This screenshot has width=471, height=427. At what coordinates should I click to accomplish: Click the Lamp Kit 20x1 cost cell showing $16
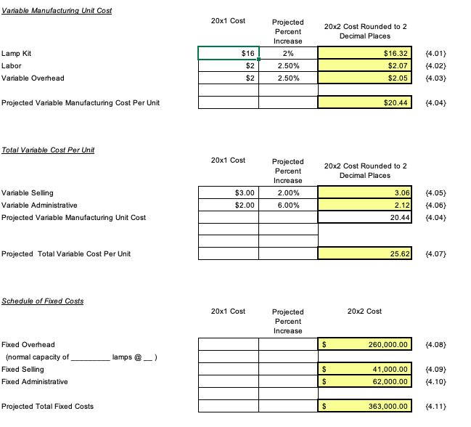[x=229, y=53]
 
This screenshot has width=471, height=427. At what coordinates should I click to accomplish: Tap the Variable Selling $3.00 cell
[x=229, y=193]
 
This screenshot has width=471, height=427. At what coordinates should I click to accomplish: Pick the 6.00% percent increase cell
[x=288, y=206]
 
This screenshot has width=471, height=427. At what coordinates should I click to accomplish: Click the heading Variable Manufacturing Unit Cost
[x=57, y=10]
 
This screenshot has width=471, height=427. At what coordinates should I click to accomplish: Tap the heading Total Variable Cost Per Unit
[x=48, y=150]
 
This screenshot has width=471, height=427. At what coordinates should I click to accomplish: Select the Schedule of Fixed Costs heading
[x=42, y=301]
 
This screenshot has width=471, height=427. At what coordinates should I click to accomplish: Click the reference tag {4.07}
[x=434, y=254]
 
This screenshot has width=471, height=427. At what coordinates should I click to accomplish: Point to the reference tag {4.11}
[x=434, y=406]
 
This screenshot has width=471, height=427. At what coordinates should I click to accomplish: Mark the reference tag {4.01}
[x=434, y=53]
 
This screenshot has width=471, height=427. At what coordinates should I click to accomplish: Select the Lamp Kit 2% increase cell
[x=288, y=53]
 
